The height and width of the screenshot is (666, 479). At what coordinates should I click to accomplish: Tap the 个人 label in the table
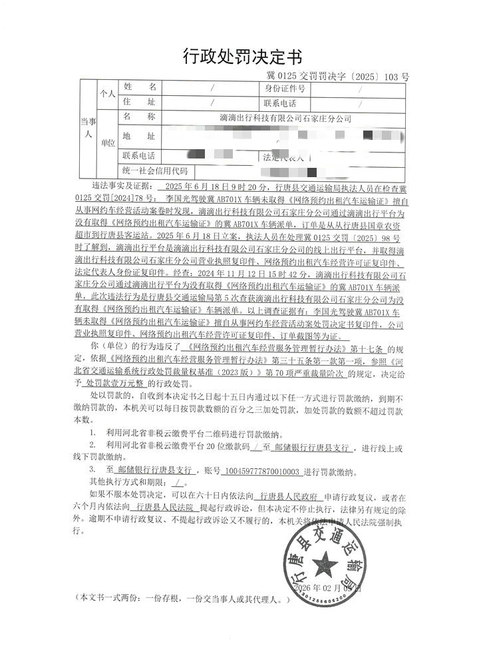coord(106,95)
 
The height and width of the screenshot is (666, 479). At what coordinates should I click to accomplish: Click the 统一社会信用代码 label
coord(156,171)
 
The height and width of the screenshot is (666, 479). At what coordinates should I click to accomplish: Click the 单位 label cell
coord(106,143)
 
